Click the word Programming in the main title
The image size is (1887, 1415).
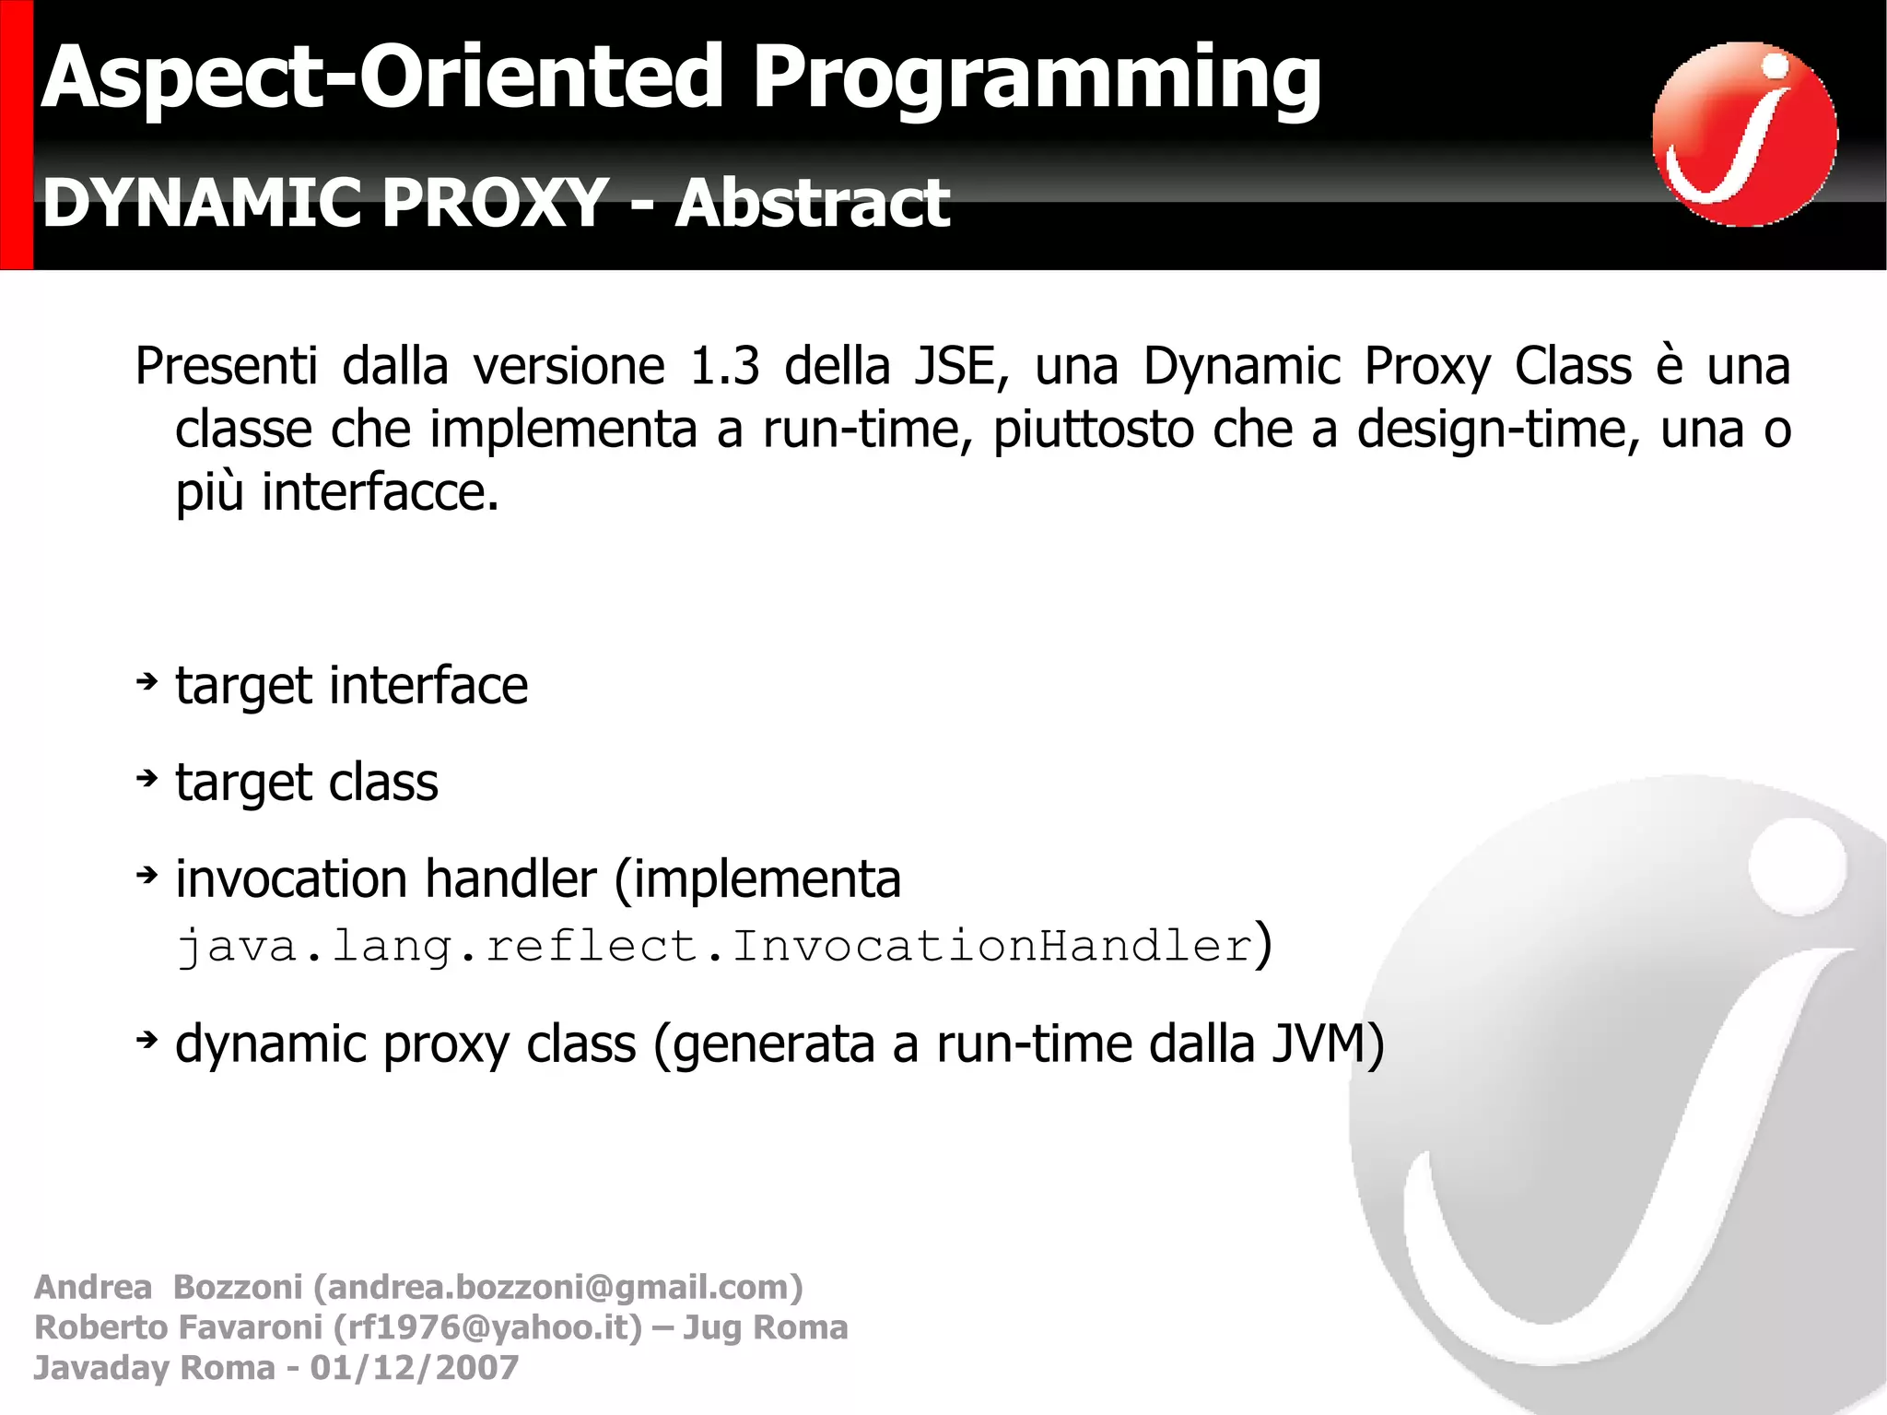[1037, 81]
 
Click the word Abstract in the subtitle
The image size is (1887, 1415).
[812, 204]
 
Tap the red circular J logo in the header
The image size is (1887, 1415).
[1744, 135]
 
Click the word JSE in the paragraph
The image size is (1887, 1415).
[955, 366]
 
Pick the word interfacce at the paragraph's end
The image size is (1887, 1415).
[381, 492]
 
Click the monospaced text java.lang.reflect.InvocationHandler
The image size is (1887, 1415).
[715, 947]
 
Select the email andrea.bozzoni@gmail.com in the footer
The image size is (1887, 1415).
[558, 1287]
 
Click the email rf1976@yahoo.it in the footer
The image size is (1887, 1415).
[487, 1327]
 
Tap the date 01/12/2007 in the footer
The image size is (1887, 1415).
[415, 1368]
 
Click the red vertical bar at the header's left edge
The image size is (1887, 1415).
[16, 135]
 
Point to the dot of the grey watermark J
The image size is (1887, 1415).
[1797, 867]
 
